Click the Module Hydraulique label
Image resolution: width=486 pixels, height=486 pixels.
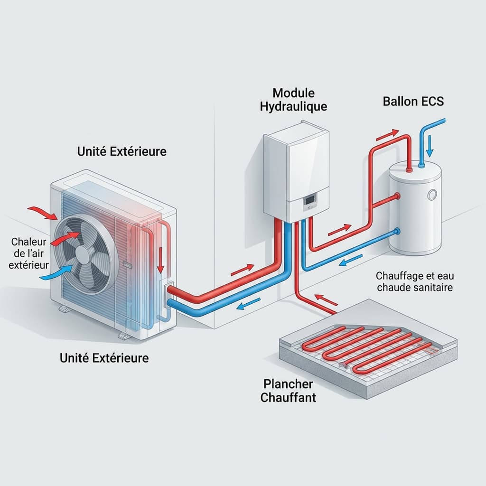coord(293,100)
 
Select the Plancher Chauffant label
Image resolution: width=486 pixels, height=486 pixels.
coord(288,390)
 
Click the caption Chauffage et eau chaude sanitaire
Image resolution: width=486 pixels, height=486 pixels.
coord(414,281)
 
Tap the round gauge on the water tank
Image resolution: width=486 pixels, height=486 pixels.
coord(432,195)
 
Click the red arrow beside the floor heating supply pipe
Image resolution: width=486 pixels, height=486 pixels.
coord(326,300)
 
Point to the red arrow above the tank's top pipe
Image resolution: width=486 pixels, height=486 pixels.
coord(387,135)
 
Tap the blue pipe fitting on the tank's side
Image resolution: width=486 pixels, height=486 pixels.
coord(397,232)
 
